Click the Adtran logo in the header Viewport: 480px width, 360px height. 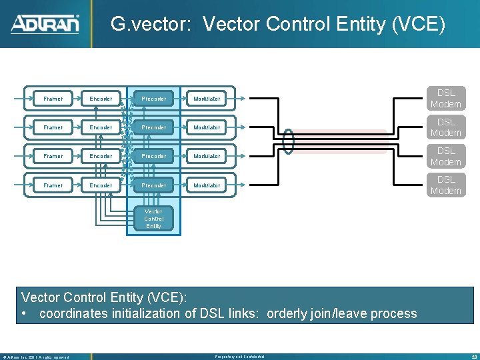click(45, 24)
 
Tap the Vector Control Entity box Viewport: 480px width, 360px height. click(153, 219)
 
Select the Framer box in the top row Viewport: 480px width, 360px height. click(53, 99)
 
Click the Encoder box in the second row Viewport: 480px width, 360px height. click(101, 127)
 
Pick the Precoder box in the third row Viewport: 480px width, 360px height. click(154, 156)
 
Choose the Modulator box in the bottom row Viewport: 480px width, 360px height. click(207, 185)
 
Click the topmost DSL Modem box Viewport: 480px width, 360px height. click(445, 99)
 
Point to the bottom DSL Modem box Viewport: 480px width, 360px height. click(445, 185)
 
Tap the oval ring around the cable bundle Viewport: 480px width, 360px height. click(289, 141)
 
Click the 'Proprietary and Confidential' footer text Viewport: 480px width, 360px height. click(238, 357)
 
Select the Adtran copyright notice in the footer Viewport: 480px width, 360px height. click(36, 357)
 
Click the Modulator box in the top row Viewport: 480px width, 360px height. click(207, 99)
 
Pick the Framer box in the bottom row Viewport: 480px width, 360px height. click(53, 185)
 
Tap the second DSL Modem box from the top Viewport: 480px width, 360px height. click(445, 127)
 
